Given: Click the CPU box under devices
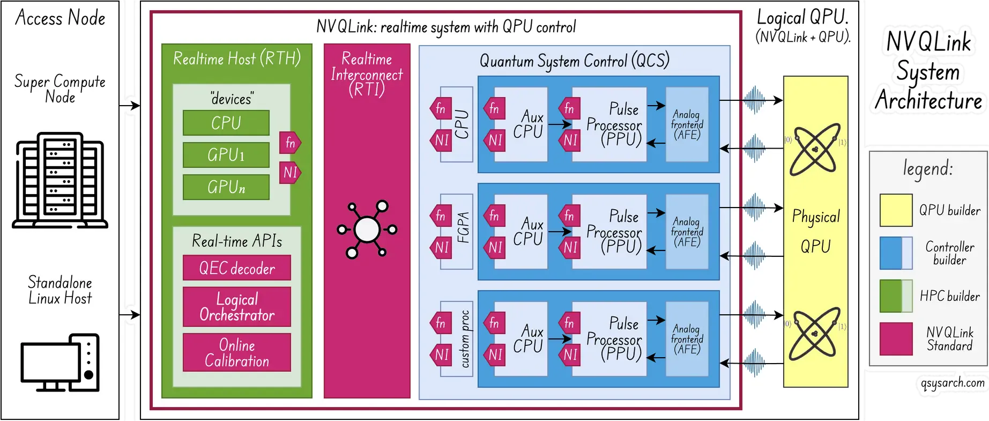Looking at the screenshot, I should [x=226, y=123].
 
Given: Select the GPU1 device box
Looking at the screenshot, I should [x=226, y=155].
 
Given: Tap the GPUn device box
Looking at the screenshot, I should [x=226, y=187].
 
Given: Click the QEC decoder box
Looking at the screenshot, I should [x=236, y=268].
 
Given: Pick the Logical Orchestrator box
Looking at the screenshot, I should [x=236, y=307].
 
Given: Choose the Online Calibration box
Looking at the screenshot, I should [x=236, y=352].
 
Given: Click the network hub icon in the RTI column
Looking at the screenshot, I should [x=367, y=230].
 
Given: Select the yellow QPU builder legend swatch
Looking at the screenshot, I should [x=896, y=210].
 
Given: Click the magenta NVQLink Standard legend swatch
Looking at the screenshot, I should [x=896, y=339].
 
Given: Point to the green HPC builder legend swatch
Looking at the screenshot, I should [x=896, y=296].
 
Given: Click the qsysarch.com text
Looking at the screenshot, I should [x=952, y=383].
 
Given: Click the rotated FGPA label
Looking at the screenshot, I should [x=463, y=227].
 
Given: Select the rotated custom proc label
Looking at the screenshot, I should [x=464, y=339].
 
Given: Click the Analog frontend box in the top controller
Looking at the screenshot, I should [x=687, y=124].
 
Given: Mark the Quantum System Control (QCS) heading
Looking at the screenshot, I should [x=574, y=61].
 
